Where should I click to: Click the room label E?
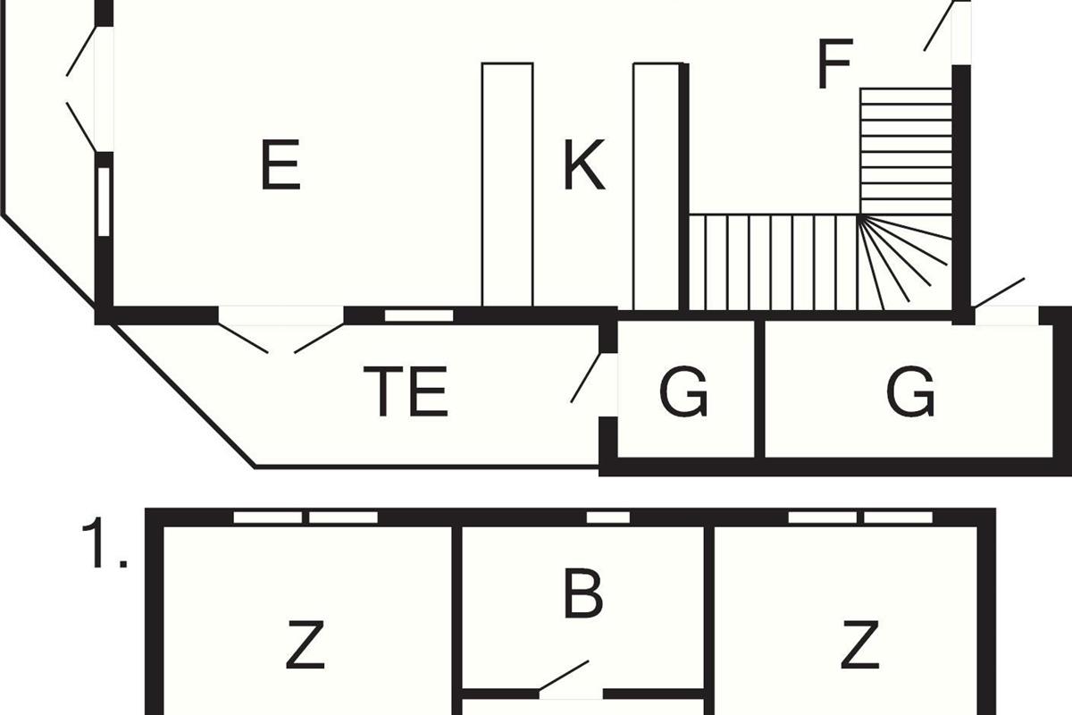(281, 164)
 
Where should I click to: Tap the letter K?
(584, 164)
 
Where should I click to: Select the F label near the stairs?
(835, 63)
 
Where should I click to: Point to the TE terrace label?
(406, 391)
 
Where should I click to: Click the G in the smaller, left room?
(683, 391)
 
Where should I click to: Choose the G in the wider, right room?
(910, 391)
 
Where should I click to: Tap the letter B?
(582, 593)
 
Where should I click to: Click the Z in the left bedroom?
(306, 644)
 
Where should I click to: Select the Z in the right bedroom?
(860, 644)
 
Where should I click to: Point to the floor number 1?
(105, 543)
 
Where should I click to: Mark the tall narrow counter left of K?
(507, 184)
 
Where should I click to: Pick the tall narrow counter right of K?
(656, 187)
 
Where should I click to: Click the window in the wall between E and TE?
(419, 315)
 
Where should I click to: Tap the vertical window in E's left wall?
(104, 202)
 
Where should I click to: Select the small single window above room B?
(608, 517)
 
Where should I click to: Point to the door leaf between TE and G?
(586, 377)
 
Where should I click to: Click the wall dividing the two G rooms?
(759, 389)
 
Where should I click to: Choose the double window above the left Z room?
(306, 517)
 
